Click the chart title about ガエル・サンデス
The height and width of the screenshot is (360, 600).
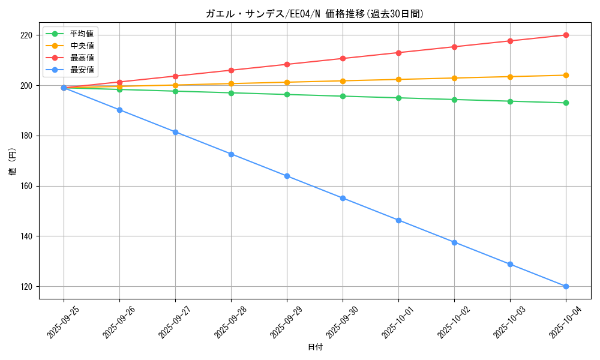click(315, 14)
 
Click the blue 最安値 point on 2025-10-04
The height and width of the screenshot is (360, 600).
click(566, 286)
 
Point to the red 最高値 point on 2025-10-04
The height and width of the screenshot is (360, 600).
click(566, 35)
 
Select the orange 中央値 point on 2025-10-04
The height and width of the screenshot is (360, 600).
click(566, 75)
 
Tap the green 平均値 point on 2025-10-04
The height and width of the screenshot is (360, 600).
click(566, 103)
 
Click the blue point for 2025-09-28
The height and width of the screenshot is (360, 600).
click(231, 154)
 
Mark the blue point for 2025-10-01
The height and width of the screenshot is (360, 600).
click(398, 220)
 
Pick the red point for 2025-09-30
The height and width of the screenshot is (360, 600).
click(343, 58)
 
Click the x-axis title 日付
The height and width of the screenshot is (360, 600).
click(315, 347)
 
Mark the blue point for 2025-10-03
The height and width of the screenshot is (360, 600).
click(510, 264)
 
